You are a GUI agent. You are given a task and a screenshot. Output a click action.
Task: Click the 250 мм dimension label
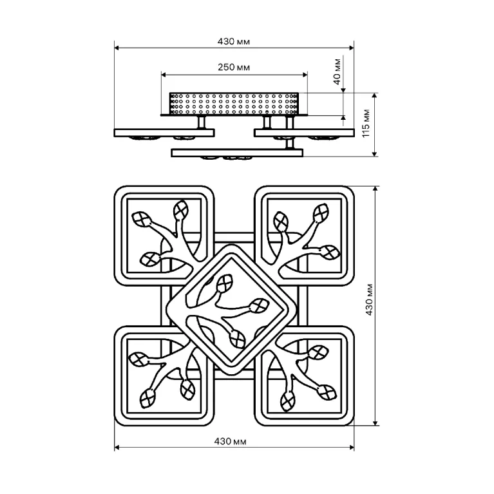pos(234,67)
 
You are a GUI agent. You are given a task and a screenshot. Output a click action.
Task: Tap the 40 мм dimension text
pos(337,71)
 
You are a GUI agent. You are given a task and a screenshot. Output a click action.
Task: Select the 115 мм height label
pos(366,123)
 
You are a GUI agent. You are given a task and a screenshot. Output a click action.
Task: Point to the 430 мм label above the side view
pos(234,42)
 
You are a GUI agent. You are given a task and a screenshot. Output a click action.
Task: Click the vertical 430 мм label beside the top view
pos(369,299)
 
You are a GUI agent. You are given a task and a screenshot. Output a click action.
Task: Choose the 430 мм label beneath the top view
pos(231,441)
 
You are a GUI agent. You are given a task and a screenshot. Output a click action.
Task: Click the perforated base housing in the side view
pos(234,104)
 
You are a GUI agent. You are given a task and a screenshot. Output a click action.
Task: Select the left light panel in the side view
pos(164,133)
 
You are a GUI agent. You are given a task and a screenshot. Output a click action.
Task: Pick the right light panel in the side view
pos(304,133)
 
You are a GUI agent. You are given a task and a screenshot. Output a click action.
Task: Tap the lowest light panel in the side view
pos(237,153)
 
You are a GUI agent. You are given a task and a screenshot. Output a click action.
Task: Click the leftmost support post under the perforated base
pos(202,122)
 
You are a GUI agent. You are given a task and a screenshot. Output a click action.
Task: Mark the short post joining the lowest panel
pos(290,143)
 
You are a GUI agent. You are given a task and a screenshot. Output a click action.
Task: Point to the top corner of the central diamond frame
pos(232,245)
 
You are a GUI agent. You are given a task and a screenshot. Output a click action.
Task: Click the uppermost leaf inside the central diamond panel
pos(224,283)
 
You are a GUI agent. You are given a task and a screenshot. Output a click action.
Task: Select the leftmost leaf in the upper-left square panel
pos(141,219)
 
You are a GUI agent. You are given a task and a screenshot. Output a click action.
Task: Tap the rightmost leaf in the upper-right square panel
pos(330,252)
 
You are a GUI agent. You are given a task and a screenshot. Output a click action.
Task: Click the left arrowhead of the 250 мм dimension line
pos(164,75)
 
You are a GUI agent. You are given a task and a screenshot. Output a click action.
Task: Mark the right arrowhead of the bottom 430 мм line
pos(352,448)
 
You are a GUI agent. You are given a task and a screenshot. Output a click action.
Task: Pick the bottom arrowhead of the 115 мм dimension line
pos(375,154)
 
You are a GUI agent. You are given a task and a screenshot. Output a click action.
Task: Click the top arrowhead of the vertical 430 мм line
pos(375,189)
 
